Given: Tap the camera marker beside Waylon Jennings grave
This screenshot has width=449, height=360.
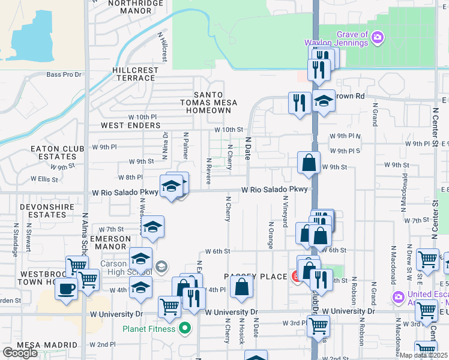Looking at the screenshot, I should [377, 38].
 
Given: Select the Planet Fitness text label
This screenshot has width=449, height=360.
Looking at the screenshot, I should [149, 329].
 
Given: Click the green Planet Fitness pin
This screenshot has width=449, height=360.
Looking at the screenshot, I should [185, 329].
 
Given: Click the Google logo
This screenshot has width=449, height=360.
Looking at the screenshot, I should [20, 352].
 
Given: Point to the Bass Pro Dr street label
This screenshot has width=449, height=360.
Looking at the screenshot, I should [64, 74].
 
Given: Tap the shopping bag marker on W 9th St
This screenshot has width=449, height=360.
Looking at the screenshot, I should [309, 162].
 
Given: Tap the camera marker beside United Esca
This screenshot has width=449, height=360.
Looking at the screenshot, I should [398, 297].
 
